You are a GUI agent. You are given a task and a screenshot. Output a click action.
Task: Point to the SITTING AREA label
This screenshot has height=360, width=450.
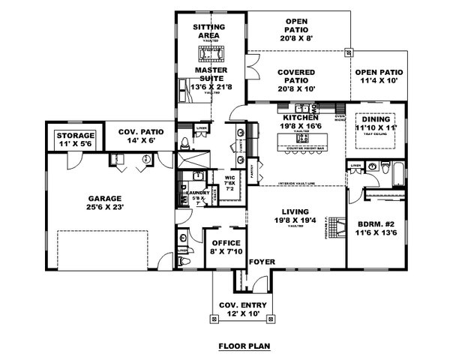pos(211,30)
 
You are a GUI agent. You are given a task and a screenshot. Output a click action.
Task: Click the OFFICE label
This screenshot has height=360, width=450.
pos(225,244)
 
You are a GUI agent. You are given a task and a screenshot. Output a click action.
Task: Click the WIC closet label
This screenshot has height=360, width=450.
pos(229,178)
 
